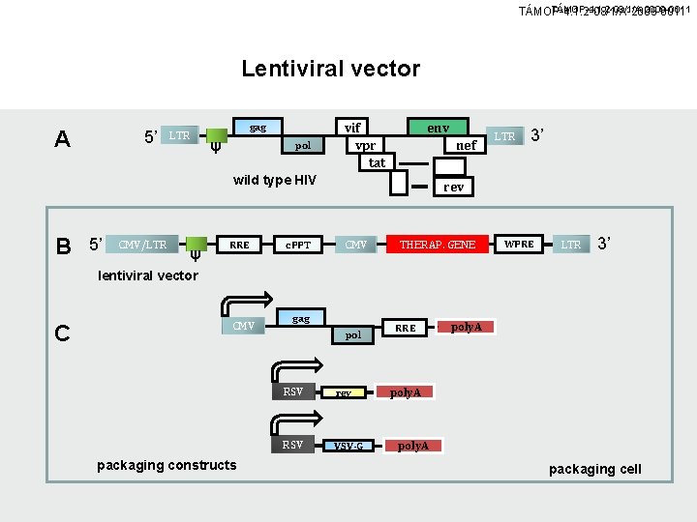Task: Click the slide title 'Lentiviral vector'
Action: pos(330,69)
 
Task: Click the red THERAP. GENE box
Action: pos(438,245)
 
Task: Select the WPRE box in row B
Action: pos(519,244)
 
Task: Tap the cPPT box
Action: pos(297,245)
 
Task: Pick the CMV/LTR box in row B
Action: pos(141,245)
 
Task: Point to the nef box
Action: pos(467,145)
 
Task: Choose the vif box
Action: pos(353,127)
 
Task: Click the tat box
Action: pos(377,162)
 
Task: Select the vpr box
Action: pos(365,145)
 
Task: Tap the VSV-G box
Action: pos(348,446)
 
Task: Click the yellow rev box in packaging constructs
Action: pos(344,393)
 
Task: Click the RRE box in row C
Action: pos(406,328)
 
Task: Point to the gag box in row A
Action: pos(258,128)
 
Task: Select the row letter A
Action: pos(62,139)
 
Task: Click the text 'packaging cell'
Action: pos(594,469)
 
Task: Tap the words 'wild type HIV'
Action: pos(275,180)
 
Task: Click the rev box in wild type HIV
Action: pos(453,187)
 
